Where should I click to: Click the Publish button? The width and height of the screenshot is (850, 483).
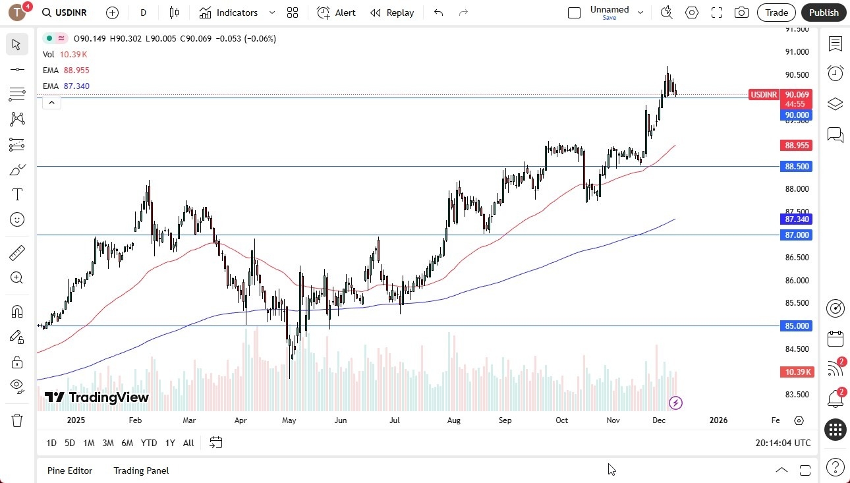824,13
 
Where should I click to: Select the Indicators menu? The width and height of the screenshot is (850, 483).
237,13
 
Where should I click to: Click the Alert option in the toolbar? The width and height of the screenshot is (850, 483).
336,13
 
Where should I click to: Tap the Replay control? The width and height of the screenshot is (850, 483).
392,13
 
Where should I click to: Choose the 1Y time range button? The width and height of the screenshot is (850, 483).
170,443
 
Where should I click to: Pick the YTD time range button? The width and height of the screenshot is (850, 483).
149,443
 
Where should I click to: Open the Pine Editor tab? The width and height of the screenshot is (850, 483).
70,470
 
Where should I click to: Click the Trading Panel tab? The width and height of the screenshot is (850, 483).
141,470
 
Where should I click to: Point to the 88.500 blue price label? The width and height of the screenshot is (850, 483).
797,167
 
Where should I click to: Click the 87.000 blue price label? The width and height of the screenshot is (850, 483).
797,235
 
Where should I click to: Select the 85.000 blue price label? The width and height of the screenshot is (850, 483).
797,326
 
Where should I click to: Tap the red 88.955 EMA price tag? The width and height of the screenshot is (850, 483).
797,145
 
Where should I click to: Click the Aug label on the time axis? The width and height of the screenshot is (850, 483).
453,420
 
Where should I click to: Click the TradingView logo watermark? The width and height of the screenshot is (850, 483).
97,397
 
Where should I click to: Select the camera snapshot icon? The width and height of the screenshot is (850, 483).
741,13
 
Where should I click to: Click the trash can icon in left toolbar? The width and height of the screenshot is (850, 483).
17,420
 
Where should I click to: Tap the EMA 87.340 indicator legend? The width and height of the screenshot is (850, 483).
66,86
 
